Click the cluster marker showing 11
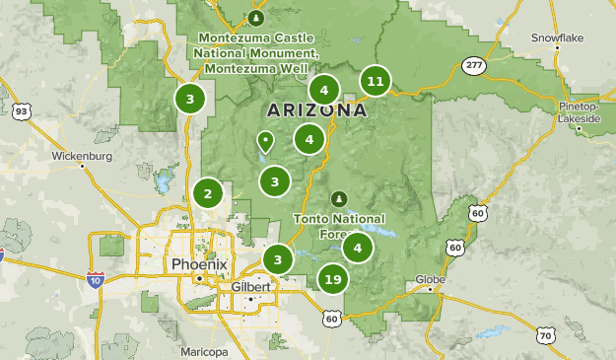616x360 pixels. point(375,81)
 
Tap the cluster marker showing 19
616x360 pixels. point(333,280)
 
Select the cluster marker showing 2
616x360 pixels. point(207,193)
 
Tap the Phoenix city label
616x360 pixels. point(199,264)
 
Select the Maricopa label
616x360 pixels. point(205,351)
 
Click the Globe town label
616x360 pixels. point(432,278)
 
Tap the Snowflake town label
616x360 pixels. point(558,37)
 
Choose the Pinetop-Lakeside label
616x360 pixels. point(579,111)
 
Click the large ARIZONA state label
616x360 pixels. point(316,110)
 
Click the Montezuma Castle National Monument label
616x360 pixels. point(256,52)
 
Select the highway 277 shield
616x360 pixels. point(473,65)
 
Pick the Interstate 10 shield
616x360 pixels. point(95,280)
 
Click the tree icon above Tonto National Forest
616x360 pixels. point(340,198)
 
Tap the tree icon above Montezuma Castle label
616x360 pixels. point(256,18)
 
